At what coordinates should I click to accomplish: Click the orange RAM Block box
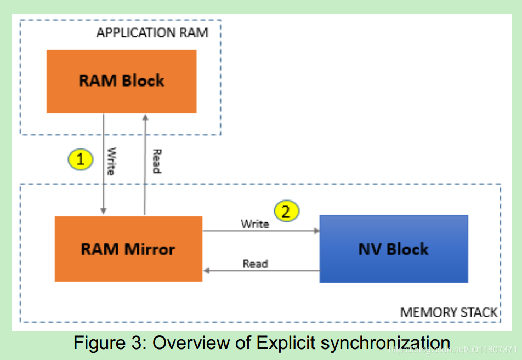121,81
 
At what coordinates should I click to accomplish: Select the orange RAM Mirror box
128,249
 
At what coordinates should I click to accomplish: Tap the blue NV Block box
393,249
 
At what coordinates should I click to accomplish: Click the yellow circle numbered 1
81,159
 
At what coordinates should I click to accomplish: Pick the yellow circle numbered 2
286,210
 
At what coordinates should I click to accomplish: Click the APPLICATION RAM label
152,32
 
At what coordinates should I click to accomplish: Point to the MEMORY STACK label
449,312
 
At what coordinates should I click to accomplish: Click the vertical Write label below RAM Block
111,161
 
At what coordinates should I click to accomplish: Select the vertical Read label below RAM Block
156,161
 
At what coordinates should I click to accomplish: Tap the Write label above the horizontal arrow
255,224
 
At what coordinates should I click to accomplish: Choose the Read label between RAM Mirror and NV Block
255,264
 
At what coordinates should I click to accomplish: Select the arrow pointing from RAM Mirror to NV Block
260,231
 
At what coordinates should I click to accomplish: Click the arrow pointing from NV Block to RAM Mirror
260,270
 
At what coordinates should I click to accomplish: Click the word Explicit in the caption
286,344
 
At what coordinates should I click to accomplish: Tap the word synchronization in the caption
385,344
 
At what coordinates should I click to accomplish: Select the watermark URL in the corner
452,349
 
